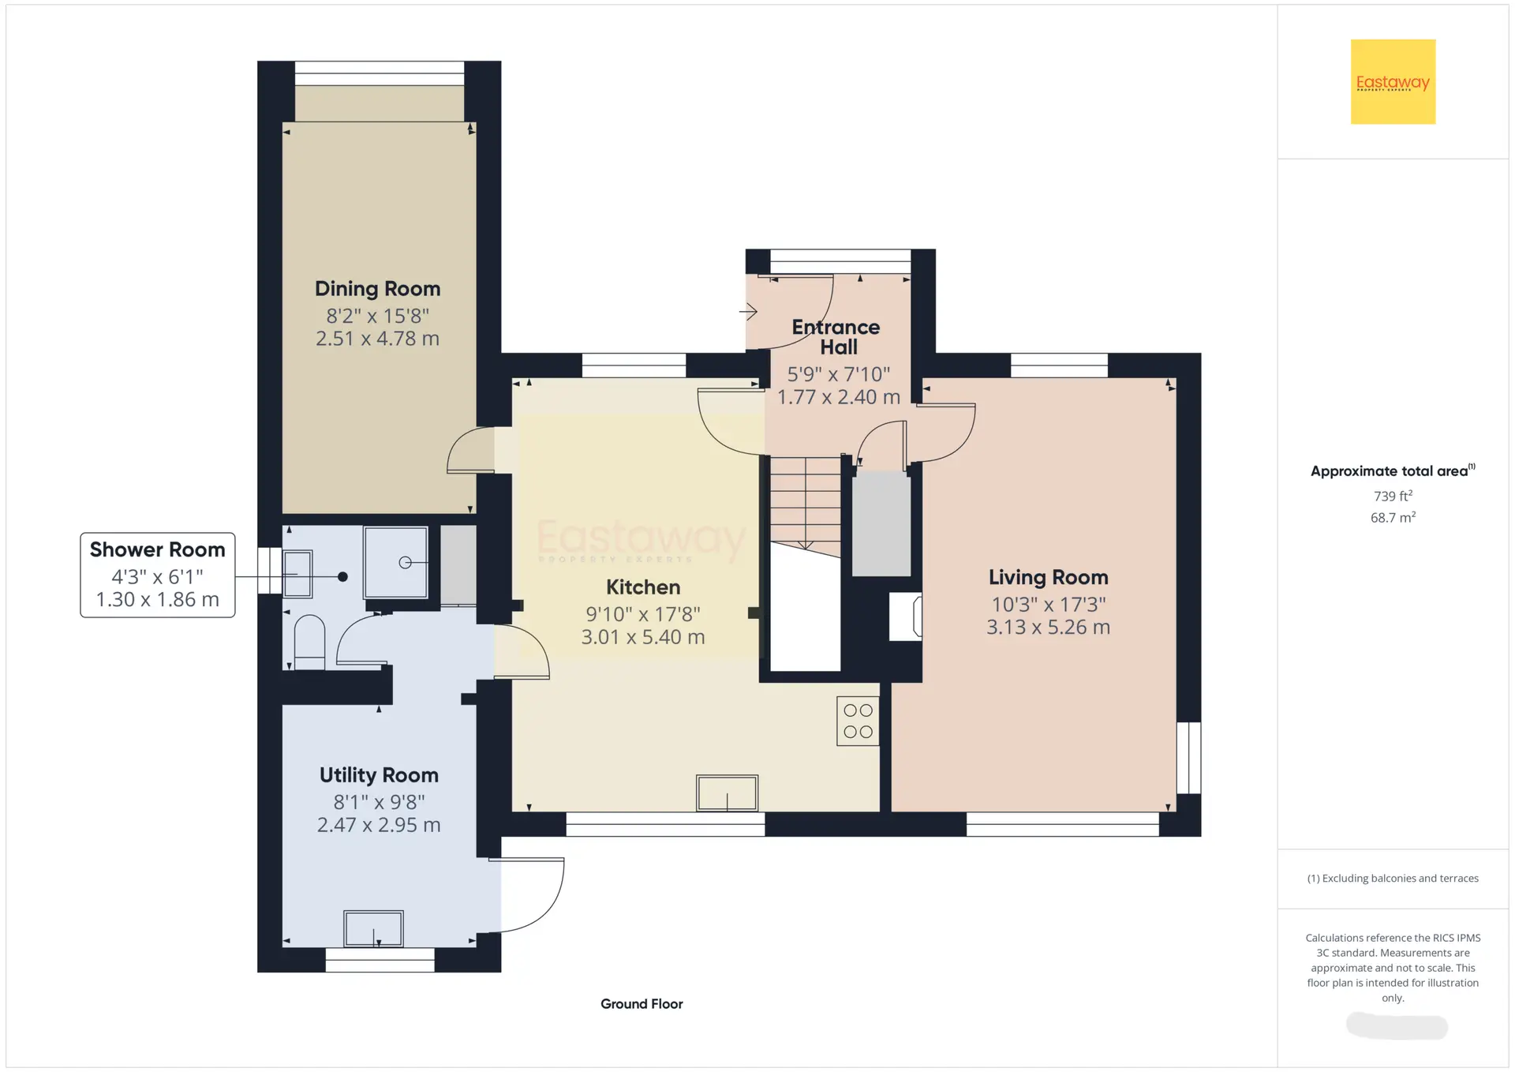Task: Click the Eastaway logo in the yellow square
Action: coord(1393,82)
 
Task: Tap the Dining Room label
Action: coord(378,289)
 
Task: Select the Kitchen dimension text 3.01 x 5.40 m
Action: coord(643,637)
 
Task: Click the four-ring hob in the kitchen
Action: coord(858,721)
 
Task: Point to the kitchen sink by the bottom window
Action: coord(727,793)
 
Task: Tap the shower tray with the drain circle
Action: coord(395,563)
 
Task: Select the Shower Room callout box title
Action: coord(158,549)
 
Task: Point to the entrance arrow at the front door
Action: coord(748,312)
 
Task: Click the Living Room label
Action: coord(1049,578)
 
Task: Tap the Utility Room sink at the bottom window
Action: coord(373,928)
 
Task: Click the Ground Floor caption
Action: coord(642,1004)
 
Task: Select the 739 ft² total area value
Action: coord(1393,496)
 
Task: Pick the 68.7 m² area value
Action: coord(1393,518)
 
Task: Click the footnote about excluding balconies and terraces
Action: coord(1393,879)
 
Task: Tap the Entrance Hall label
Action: coord(836,337)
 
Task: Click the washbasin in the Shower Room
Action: coord(297,574)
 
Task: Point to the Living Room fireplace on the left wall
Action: coord(906,617)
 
